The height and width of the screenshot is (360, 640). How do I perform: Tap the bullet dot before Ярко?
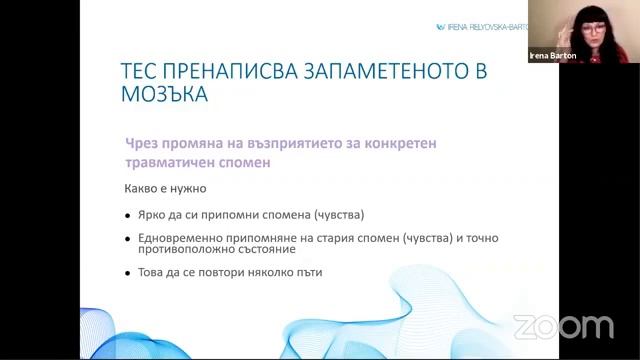coord(127,215)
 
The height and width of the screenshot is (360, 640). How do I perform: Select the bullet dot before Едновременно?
coord(127,240)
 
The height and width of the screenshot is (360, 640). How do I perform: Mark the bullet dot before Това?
coord(127,274)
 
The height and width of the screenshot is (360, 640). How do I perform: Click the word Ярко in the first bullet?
coord(153,214)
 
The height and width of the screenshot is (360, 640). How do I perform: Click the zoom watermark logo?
coord(563,327)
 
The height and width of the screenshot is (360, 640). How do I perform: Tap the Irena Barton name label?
coord(548,57)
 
